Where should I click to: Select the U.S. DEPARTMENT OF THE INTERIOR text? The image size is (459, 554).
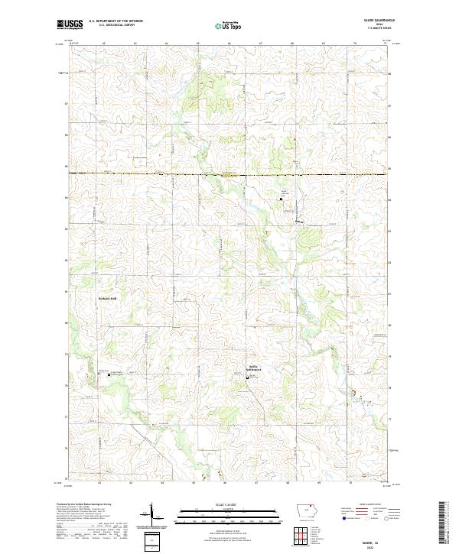point(116,21)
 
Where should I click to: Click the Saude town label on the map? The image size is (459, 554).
point(299,222)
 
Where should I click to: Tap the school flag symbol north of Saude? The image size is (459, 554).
point(282,199)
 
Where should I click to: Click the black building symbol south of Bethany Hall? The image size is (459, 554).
point(108,375)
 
